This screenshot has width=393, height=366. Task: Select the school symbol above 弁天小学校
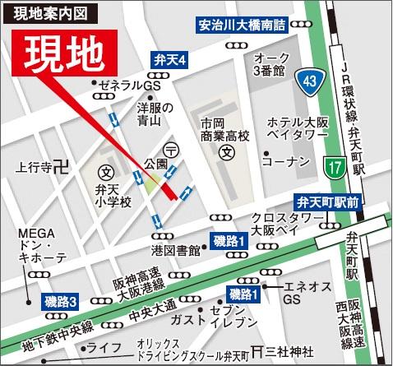[106, 174]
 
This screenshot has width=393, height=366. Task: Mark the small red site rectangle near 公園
[169, 192]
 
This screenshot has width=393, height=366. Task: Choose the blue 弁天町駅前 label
[327, 201]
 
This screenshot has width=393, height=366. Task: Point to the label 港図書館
[176, 248]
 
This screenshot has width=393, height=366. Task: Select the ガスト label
[188, 318]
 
